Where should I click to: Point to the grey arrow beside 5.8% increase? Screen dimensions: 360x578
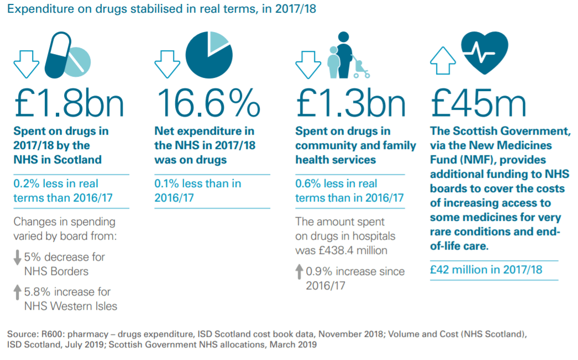tap(18, 292)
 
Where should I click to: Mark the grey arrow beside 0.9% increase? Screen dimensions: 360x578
tap(299, 271)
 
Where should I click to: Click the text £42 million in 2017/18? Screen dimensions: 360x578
tap(486, 269)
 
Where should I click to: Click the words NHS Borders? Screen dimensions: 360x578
tap(56, 271)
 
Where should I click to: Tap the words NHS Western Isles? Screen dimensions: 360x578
tap(71, 305)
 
